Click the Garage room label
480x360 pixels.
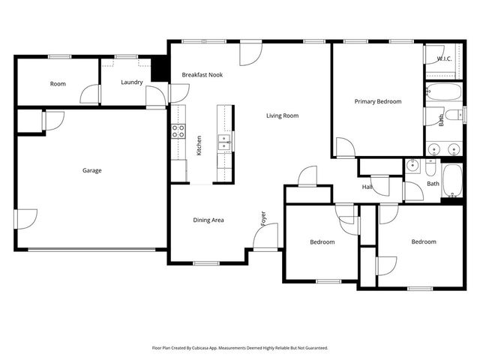(92, 170)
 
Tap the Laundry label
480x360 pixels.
(132, 82)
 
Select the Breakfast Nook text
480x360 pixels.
(202, 75)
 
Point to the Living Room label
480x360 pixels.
(283, 115)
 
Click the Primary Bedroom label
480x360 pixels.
(378, 101)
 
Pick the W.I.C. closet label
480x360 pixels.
(442, 58)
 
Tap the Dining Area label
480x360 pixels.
(208, 220)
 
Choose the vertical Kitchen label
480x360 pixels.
(199, 145)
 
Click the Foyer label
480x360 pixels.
(263, 218)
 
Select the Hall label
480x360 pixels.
(367, 187)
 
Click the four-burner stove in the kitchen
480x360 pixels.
(178, 131)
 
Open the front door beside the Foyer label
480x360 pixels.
(264, 238)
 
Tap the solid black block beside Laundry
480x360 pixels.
(159, 70)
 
